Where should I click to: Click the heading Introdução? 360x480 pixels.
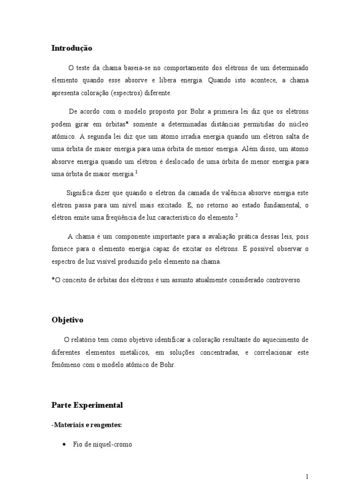(72, 48)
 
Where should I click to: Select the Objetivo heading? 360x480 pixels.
(67, 320)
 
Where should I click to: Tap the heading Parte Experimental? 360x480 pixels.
(87, 405)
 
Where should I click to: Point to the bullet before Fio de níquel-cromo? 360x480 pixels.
(63, 444)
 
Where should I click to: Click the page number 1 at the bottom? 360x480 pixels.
(307, 476)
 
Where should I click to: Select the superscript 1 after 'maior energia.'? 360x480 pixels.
(136, 172)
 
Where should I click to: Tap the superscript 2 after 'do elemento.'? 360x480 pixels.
(237, 216)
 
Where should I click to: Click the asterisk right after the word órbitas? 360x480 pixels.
(127, 124)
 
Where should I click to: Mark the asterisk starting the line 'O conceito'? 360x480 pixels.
(53, 280)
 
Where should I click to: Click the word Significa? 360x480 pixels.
(81, 193)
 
